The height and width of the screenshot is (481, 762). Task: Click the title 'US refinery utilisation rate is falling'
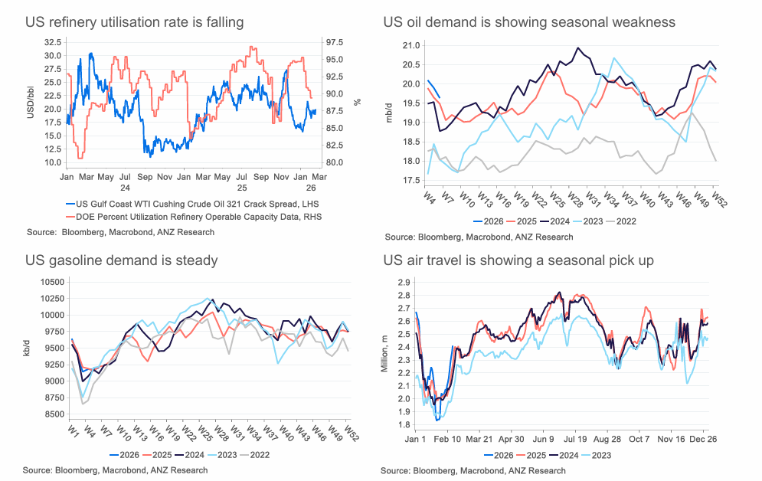[135, 22]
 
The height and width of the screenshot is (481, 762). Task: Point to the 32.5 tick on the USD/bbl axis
[53, 42]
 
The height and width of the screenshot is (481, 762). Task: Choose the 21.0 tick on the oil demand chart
[410, 46]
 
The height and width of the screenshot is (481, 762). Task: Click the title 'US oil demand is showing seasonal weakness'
[529, 22]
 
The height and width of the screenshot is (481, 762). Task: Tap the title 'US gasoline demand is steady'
[121, 260]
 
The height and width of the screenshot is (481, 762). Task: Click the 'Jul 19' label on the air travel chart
[571, 440]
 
